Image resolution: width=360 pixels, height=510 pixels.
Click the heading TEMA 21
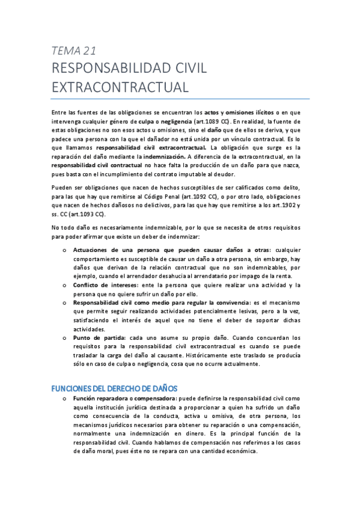click(x=75, y=51)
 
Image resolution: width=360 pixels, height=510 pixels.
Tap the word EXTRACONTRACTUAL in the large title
click(x=120, y=87)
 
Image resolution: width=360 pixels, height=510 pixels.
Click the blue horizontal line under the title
click(x=180, y=99)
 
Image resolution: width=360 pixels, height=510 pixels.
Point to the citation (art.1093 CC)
click(x=84, y=213)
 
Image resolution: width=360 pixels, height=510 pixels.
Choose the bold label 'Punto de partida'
click(x=96, y=339)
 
